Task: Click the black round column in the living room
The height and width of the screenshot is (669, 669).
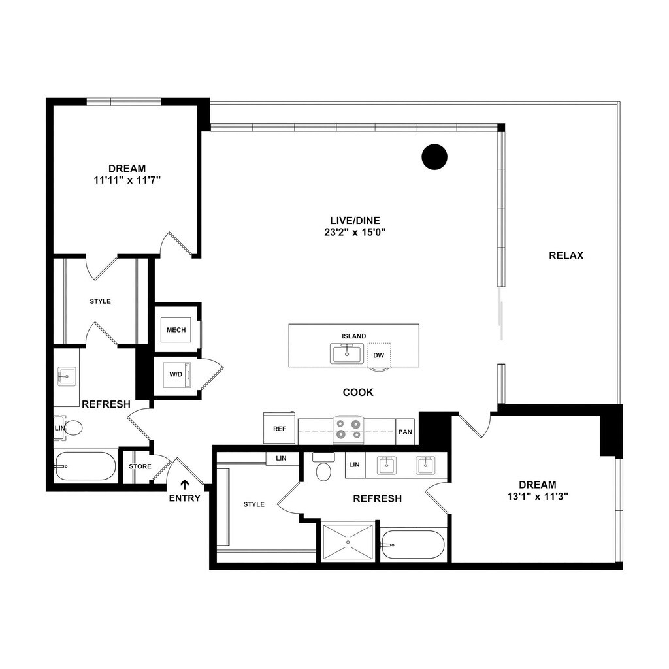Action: [x=434, y=157]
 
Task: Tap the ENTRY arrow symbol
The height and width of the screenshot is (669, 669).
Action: [x=185, y=484]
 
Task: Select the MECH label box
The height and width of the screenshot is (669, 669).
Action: [x=176, y=330]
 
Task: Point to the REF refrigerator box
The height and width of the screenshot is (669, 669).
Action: [x=280, y=428]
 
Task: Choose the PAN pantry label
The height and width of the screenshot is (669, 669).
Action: [x=405, y=432]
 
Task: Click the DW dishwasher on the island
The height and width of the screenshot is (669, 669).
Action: [x=378, y=355]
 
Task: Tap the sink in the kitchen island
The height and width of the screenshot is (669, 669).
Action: [x=347, y=353]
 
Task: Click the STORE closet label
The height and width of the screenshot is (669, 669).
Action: [x=140, y=466]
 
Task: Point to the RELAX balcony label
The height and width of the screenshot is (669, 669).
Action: [x=566, y=255]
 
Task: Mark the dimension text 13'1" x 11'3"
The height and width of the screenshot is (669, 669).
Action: [x=538, y=497]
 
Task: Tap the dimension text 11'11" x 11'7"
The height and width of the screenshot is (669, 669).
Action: [x=127, y=180]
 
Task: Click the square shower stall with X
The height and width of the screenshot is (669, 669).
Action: [x=348, y=542]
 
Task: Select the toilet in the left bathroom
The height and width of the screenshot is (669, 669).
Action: [x=73, y=428]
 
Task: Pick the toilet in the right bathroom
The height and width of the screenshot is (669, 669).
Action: [x=323, y=466]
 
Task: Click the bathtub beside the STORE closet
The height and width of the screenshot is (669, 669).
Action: [x=86, y=466]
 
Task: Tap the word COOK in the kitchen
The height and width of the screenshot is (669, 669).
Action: [x=358, y=392]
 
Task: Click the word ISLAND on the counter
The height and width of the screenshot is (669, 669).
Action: [x=353, y=336]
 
